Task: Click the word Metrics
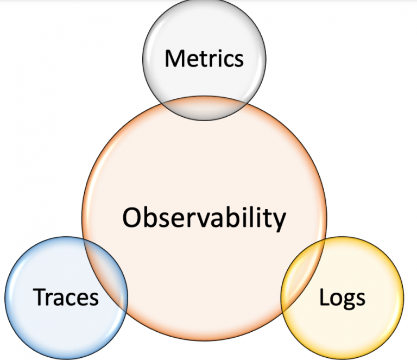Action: [x=204, y=58]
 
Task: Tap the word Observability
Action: [x=204, y=218]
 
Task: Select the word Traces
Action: [x=66, y=297]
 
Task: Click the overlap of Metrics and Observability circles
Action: [x=204, y=108]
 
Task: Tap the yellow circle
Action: [x=358, y=326]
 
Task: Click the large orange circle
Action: [x=204, y=174]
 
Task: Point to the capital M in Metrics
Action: [x=174, y=58]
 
